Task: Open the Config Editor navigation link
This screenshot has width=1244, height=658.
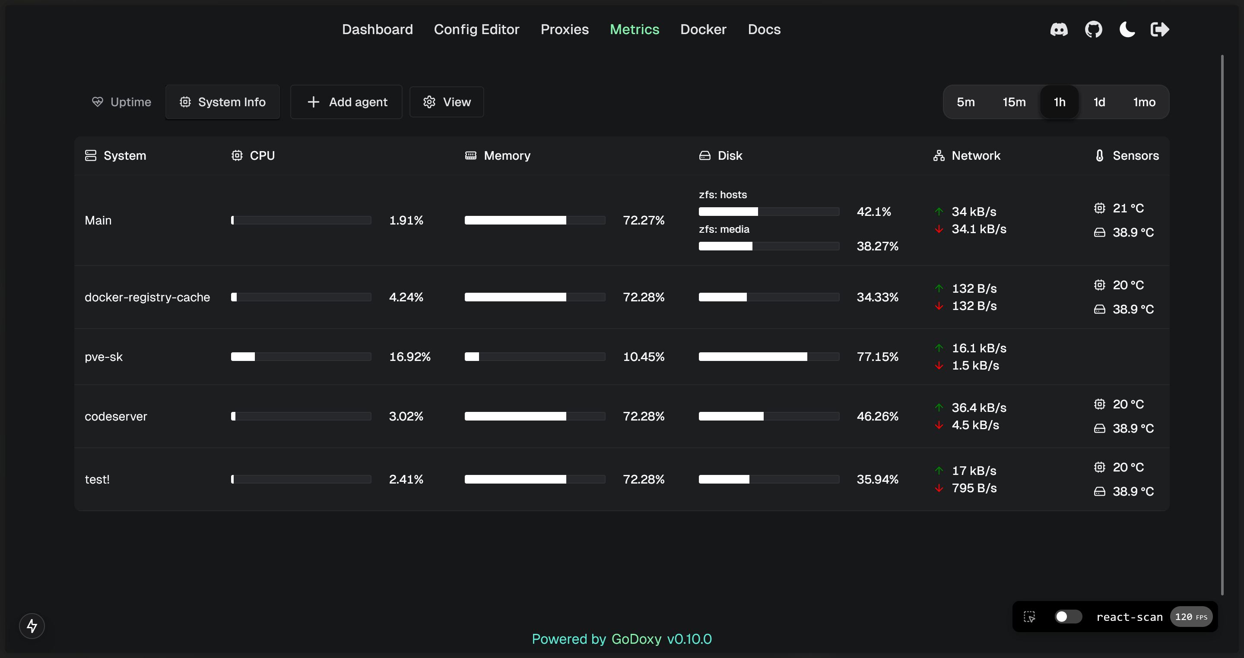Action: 476,29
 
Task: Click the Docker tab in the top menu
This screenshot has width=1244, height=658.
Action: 703,29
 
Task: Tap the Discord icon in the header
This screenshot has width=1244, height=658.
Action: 1059,29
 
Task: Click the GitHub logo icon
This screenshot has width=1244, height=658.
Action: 1093,29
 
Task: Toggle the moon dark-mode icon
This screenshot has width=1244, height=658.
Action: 1127,29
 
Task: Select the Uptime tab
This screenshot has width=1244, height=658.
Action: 122,102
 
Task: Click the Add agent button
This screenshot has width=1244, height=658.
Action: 346,102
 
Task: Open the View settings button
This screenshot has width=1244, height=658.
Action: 447,102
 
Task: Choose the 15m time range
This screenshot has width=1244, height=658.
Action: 1014,102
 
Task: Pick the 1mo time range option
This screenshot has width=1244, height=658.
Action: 1144,102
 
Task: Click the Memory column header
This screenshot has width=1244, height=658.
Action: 507,155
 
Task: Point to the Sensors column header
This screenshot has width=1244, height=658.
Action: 1135,155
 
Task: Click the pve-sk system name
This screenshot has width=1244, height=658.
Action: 103,357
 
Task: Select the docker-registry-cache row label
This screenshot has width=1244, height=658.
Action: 147,297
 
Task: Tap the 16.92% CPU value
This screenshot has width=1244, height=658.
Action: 409,357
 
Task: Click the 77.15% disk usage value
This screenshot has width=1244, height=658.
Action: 877,357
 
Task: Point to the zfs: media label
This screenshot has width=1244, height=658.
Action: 724,229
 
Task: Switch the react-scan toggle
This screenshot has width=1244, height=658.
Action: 1068,617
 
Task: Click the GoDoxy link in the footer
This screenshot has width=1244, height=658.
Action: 636,639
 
